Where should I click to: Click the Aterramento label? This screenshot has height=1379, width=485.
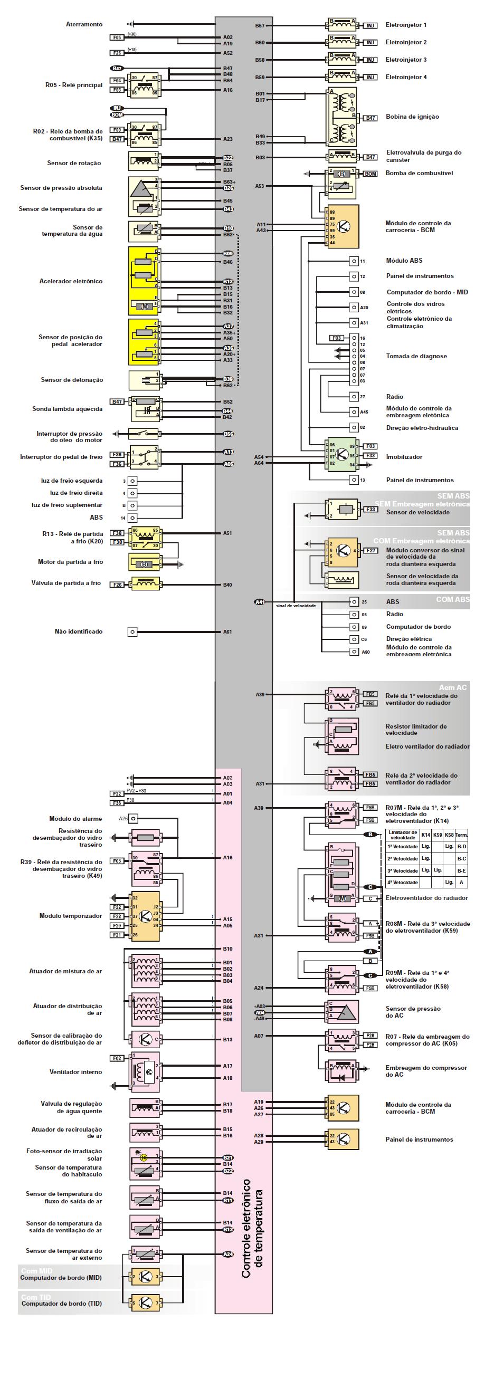(84, 24)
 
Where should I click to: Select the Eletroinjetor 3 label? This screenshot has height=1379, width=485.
(406, 60)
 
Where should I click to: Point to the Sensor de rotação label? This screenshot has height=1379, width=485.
(74, 163)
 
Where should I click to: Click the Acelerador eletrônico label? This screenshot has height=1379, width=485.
(71, 281)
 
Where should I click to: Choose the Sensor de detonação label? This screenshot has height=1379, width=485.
(72, 380)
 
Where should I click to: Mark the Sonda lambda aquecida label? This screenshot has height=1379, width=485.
(67, 409)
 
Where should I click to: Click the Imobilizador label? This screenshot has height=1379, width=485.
(404, 457)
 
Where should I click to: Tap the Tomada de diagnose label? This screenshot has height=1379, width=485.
(416, 356)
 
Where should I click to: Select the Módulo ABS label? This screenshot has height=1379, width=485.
(404, 261)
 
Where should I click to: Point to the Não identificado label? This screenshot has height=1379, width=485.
(78, 631)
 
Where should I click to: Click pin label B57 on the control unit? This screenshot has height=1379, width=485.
(260, 26)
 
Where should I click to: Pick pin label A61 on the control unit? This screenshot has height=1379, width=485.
(227, 631)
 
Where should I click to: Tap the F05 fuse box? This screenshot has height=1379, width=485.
(117, 37)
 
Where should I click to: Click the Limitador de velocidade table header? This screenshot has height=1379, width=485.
(403, 835)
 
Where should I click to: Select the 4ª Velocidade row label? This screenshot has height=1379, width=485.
(403, 882)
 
